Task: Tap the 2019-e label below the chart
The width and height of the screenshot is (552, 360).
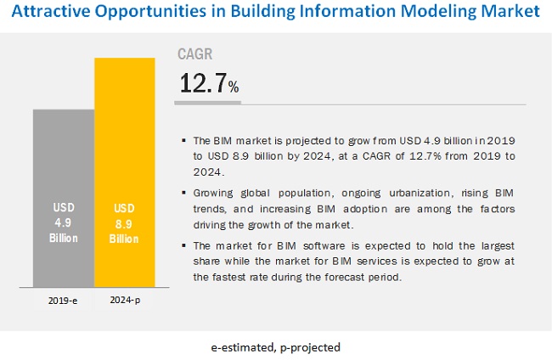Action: tap(64, 300)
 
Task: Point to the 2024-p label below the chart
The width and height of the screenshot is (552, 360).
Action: tap(124, 300)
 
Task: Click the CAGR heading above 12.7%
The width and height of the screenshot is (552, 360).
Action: tap(194, 54)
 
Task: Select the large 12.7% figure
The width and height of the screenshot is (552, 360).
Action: tap(209, 83)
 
